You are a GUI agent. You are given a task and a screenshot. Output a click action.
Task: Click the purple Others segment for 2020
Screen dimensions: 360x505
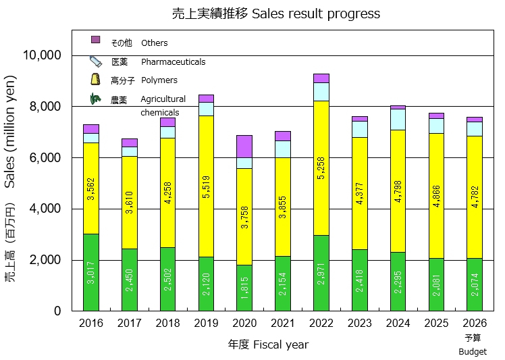pos(244,146)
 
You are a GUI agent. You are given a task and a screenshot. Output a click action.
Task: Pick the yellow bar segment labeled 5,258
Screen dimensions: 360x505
pos(321,169)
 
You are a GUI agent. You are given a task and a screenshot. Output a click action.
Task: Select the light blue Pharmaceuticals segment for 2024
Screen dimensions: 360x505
pos(398,119)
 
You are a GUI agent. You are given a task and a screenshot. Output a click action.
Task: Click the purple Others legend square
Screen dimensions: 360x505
pos(95,40)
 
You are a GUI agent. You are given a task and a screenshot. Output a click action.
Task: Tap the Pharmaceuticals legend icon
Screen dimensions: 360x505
pos(95,61)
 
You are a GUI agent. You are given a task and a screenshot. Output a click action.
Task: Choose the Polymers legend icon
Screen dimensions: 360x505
pos(95,80)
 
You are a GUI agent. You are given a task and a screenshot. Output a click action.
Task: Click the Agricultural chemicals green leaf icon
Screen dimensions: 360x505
pos(95,99)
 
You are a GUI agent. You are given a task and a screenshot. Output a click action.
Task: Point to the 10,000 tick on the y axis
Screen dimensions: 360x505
pos(42,55)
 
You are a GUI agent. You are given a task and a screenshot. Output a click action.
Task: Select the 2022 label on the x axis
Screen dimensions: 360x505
pos(321,323)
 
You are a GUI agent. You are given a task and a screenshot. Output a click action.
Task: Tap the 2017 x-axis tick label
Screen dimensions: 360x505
pos(130,323)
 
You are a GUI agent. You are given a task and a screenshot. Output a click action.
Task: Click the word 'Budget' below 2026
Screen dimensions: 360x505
pos(473,351)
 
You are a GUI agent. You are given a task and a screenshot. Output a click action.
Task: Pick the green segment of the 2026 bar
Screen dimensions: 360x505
pos(475,284)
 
